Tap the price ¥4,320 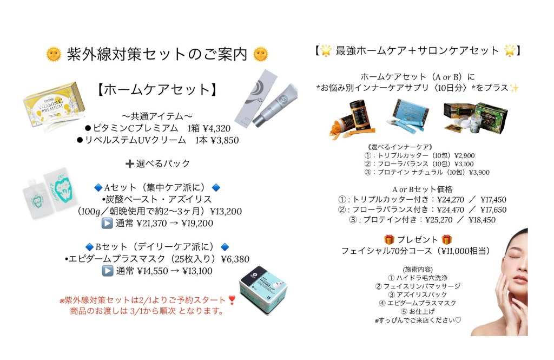coord(216,128)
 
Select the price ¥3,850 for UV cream coord(224,140)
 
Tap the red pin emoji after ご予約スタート coord(232,300)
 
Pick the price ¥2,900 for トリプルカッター coord(465,155)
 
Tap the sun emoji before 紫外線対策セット coord(53,54)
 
